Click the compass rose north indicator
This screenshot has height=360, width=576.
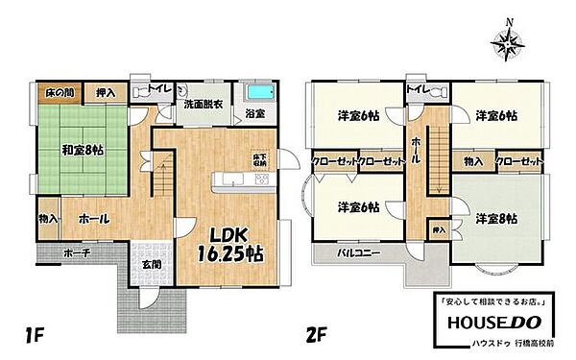click(x=508, y=39)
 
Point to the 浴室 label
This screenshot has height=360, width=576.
click(x=255, y=114)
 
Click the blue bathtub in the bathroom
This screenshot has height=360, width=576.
click(x=261, y=94)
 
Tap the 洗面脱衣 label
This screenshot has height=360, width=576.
click(x=203, y=108)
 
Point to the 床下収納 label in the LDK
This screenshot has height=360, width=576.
click(x=259, y=159)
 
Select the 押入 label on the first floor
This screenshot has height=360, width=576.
click(x=106, y=93)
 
